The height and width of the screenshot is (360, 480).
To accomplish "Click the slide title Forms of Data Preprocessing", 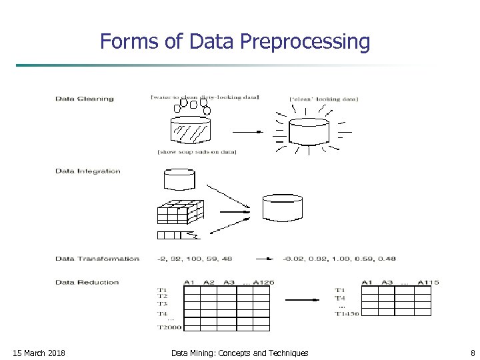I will pos(235,41).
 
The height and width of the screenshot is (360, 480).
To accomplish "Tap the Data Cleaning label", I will pos(84,99).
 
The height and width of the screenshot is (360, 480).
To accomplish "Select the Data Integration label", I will pos(87,171).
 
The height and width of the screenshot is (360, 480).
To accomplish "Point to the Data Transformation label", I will pos(97,259).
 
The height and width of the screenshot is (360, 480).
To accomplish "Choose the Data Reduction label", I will pos(87,282).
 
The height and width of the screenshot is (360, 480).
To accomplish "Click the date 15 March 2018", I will pos(39,353).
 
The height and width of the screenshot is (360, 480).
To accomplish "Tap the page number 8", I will pos(472,353).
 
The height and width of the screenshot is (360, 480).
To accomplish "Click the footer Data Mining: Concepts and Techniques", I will pos(239,353).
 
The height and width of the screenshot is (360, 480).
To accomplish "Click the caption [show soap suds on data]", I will pos(197,152).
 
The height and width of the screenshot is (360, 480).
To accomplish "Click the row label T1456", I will pos(347,314).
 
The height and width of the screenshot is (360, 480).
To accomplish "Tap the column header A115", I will pos(427,282).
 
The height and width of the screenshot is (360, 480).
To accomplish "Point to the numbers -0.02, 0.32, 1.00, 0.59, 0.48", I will pos(339,259).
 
